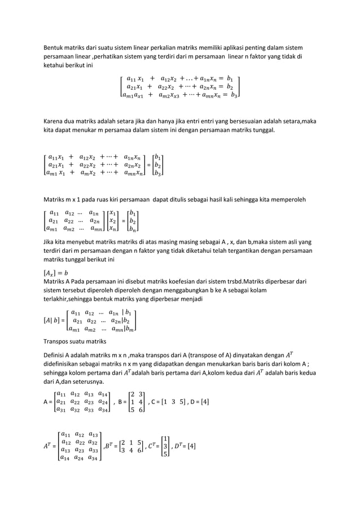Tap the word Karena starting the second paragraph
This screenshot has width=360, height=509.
click(x=54, y=121)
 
